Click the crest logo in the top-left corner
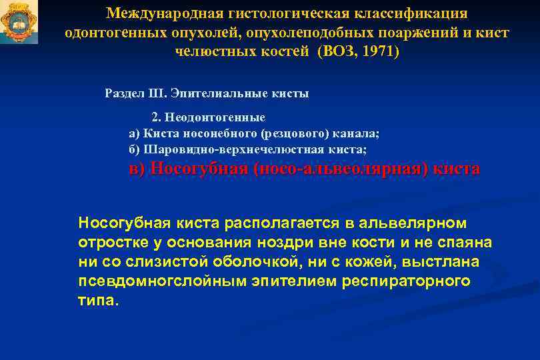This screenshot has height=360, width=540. (x=19, y=22)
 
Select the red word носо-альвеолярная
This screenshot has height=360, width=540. (x=339, y=169)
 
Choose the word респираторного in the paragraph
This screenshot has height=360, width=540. (x=406, y=281)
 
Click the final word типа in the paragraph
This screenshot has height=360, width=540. (x=97, y=301)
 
